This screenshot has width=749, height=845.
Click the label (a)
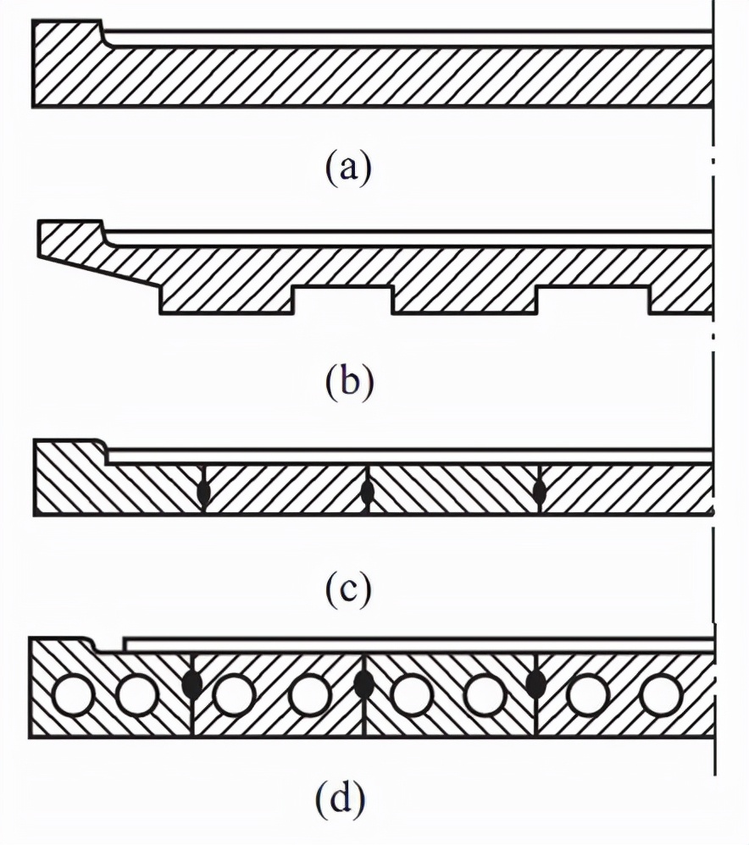(348, 167)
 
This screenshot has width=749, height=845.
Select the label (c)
(348, 589)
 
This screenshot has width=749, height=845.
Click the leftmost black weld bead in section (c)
(203, 492)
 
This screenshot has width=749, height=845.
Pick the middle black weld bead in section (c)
(367, 492)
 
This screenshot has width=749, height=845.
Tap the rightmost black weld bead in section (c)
(539, 491)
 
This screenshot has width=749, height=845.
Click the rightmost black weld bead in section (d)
(535, 683)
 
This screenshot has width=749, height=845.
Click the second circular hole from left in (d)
(136, 697)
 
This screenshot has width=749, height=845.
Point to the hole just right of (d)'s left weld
(235, 697)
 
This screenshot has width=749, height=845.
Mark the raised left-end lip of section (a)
(68, 34)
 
